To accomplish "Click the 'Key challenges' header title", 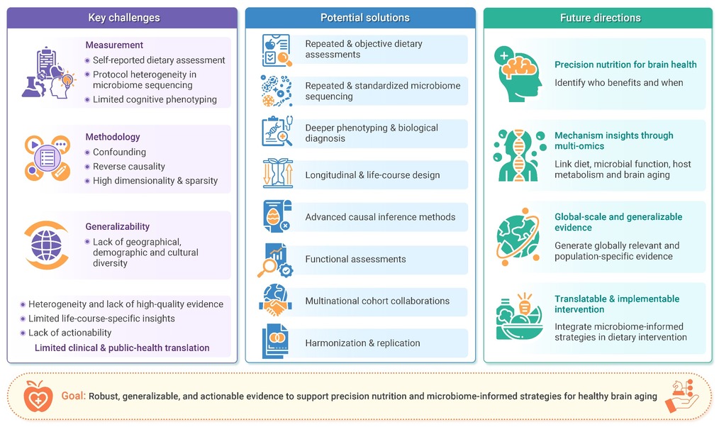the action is (124, 18).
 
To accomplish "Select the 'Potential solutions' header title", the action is (365, 18).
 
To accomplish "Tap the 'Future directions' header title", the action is (601, 18).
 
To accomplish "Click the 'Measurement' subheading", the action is (114, 45).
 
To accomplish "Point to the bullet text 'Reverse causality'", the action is (129, 167).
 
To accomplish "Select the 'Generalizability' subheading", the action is (118, 226).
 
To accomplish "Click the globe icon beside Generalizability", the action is (46, 245).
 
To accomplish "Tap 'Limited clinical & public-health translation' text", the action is (122, 348).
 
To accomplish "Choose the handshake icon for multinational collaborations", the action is (276, 301).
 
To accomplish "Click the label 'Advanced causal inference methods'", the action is (380, 217).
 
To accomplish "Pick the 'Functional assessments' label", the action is (355, 259).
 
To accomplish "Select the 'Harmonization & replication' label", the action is (362, 343).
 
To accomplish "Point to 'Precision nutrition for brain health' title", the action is (625, 65).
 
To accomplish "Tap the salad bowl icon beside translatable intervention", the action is (520, 317).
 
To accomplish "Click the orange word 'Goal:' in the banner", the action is (73, 396).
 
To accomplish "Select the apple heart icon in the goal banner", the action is (38, 396).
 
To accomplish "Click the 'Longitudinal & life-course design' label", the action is (372, 175).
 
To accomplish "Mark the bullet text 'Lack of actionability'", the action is (69, 333).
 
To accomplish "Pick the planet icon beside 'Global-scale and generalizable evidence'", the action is (518, 237).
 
